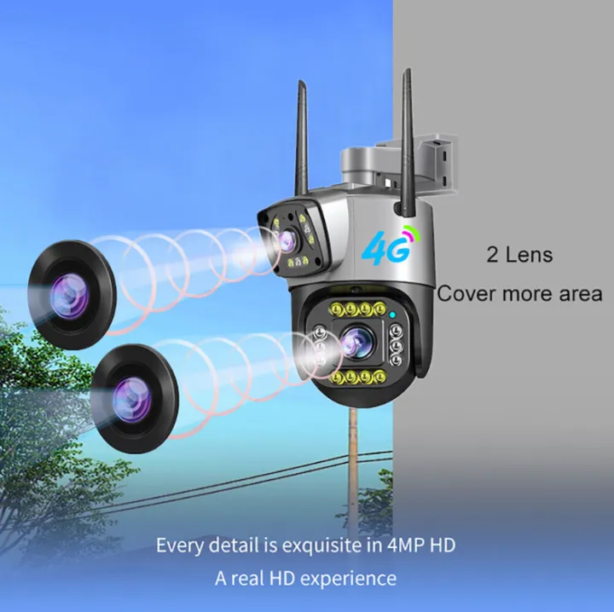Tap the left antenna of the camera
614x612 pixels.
[301, 138]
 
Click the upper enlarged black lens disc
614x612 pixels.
[72, 295]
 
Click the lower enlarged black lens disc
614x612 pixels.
[135, 398]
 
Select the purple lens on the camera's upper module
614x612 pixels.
[287, 239]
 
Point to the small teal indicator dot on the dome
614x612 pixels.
[392, 314]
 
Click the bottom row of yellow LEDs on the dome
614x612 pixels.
[358, 378]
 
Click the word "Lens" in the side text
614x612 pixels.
[529, 254]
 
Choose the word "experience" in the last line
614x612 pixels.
[348, 579]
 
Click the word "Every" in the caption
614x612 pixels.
[181, 546]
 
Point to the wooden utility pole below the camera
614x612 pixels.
[354, 470]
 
